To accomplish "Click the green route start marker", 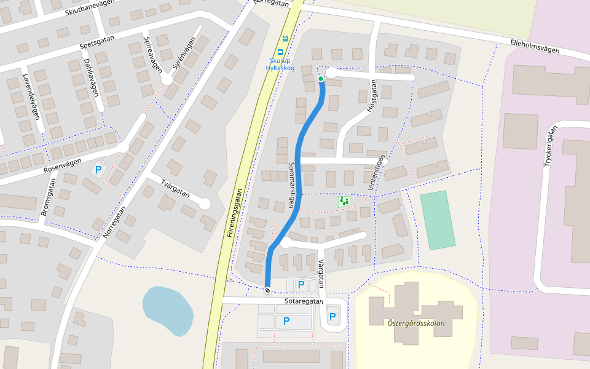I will tap(321, 79).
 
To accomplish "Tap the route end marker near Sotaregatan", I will tap(267, 290).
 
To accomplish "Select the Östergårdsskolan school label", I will tap(416, 323).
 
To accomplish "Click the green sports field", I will tap(438, 220).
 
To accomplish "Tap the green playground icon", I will tap(344, 201).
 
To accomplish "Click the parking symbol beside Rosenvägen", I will tap(97, 169).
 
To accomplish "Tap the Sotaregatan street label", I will tap(304, 302).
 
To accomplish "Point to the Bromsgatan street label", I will tap(49, 197).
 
